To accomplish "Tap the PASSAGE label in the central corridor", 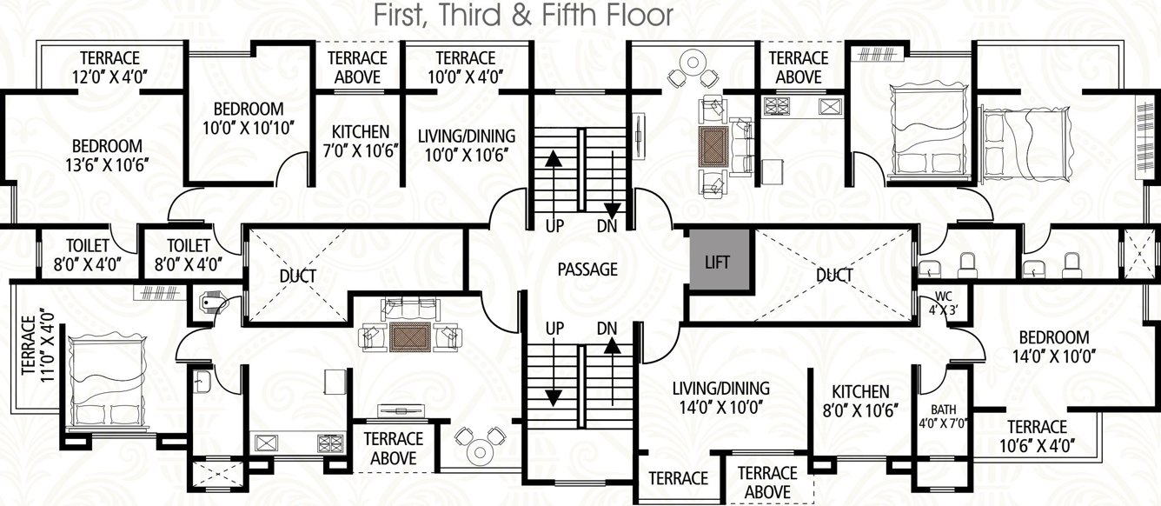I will tap(587, 270).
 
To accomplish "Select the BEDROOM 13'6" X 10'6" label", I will tap(107, 155).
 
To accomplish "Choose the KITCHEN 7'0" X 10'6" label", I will tap(360, 140).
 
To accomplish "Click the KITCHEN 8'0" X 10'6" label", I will tap(859, 401).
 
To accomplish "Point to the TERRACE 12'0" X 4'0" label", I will tap(107, 67).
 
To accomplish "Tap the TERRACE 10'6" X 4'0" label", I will tap(1038, 436).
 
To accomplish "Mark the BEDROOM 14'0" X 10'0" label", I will tap(1054, 346).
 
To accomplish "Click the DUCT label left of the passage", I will tap(297, 276).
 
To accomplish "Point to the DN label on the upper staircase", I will tap(607, 226).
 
